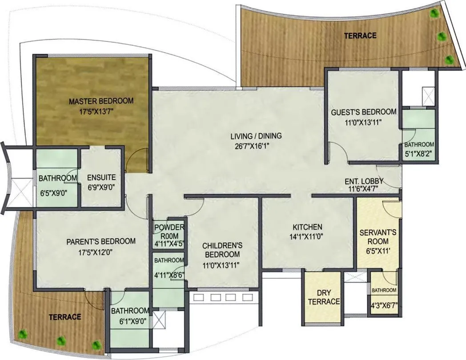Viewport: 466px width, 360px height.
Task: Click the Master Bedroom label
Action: tap(101, 101)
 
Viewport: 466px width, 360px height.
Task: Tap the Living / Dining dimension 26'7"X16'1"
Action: tap(256, 146)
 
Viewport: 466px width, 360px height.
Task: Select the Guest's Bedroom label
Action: tap(363, 112)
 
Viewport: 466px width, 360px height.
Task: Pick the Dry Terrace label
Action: tap(323, 297)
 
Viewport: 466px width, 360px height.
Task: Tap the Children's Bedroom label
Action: tap(222, 250)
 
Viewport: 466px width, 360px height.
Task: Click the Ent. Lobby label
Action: tap(364, 181)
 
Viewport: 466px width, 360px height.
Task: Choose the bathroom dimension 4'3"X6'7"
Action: tap(384, 305)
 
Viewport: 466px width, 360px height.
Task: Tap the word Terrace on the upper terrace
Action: tap(360, 36)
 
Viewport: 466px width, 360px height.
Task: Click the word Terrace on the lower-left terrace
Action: tap(65, 317)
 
